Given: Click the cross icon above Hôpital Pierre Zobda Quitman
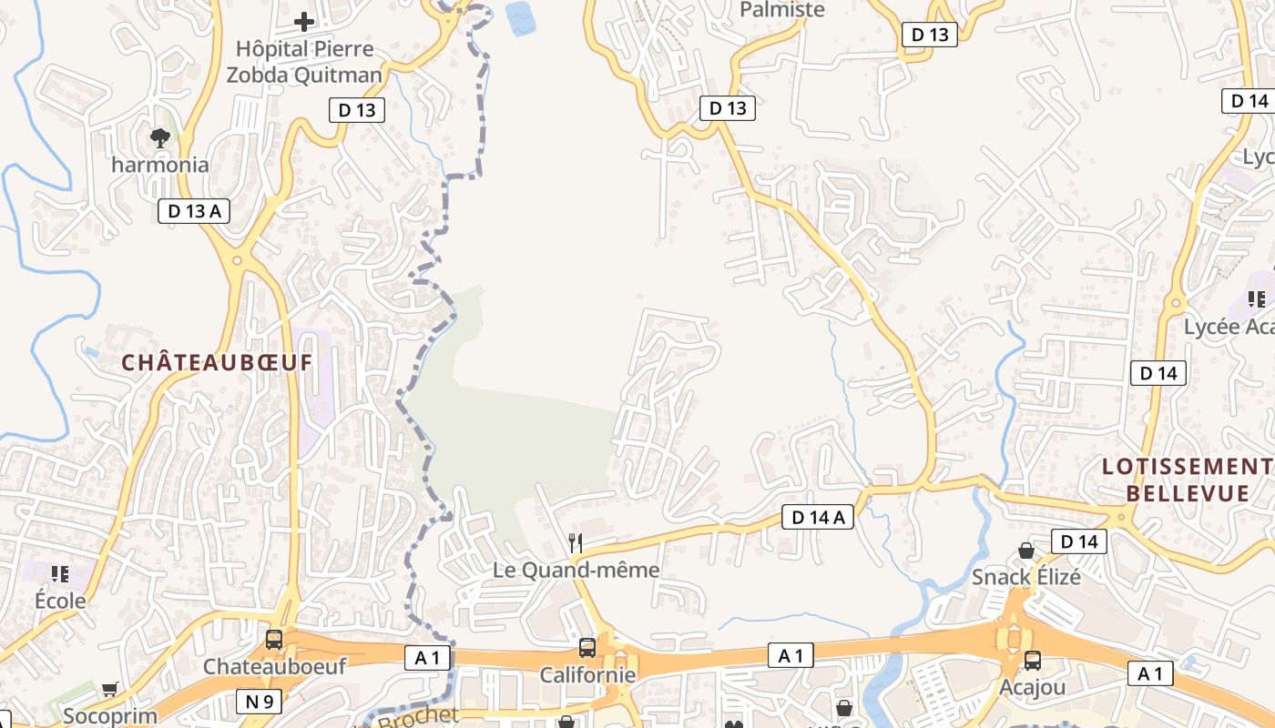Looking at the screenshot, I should pos(304,21).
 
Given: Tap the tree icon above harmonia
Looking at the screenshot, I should pos(160,138).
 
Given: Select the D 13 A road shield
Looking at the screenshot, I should pos(194,211).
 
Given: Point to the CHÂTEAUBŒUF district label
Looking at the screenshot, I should pos(217,362).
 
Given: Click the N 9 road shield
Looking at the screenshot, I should pos(259,702).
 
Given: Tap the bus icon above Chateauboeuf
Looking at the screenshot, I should pos(273,640).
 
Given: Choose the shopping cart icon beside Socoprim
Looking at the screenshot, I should pos(110,690).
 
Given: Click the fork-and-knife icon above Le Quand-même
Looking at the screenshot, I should pos(576,543).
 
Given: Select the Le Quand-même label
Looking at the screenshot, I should pos(576,571).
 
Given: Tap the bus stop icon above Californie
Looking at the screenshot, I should pos(587,648).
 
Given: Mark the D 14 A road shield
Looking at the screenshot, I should pos(818,518).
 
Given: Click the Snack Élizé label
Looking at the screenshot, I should pos(1026,577).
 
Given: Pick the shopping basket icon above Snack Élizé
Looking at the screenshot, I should pos(1026,551).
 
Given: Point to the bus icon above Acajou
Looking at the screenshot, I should pos(1032,661).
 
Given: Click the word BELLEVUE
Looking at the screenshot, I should pos(1188,494).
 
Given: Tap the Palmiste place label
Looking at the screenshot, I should pos(781,10).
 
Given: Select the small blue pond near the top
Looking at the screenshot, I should pos(521,18).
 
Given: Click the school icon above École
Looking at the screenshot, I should pos(60,574).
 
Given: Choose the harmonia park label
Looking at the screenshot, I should pos(160,166).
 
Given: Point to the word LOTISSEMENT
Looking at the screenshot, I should pos(1188,467).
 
